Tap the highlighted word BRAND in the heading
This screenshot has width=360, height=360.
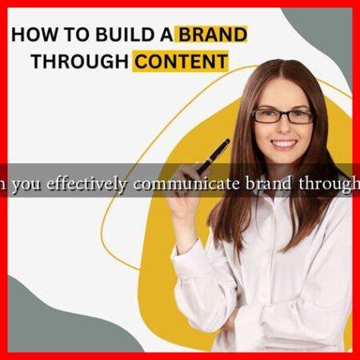click(x=212, y=34)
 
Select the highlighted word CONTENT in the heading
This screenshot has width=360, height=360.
click(x=179, y=61)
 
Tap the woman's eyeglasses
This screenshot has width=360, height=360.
click(x=283, y=115)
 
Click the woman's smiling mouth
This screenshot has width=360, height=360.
click(x=284, y=145)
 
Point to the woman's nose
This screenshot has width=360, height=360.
click(x=284, y=129)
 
